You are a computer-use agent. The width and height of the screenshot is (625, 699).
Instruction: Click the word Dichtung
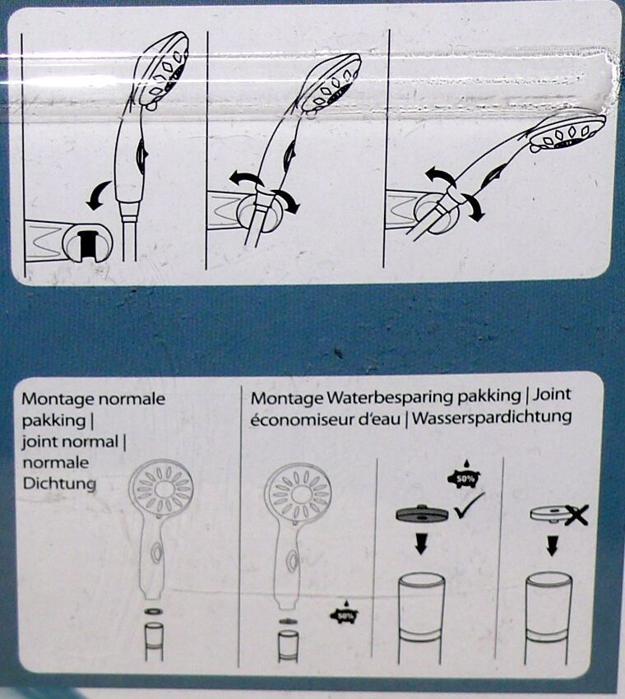click(59, 484)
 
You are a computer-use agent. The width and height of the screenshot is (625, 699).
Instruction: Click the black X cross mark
click(575, 516)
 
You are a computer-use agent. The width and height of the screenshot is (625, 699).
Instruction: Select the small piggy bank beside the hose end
click(344, 614)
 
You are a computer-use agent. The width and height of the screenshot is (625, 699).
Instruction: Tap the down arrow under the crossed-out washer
click(552, 546)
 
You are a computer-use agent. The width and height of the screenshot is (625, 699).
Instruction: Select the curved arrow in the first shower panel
click(99, 195)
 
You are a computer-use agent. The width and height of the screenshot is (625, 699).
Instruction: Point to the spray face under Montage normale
click(161, 488)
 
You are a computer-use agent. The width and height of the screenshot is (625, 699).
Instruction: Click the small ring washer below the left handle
click(154, 611)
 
